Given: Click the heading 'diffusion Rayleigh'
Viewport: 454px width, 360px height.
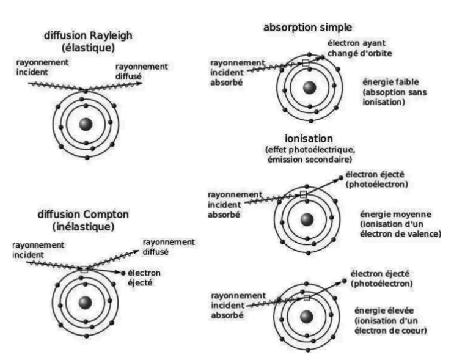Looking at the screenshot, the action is [x=88, y=35].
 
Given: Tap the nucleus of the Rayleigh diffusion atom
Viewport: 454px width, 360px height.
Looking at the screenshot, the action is [x=86, y=124].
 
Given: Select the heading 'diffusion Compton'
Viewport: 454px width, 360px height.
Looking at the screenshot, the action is [x=83, y=215].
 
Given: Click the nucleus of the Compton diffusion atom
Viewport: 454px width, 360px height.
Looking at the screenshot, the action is [x=86, y=303].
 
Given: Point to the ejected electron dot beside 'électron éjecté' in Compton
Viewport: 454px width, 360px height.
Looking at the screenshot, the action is [x=123, y=273].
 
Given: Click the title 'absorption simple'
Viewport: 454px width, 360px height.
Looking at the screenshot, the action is [x=307, y=28].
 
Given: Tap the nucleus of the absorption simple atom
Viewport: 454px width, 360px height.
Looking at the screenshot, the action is [x=309, y=88].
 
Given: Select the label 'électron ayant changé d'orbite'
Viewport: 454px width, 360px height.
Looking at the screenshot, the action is [x=360, y=48].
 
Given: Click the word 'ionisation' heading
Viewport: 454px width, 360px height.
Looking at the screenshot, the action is [x=309, y=139].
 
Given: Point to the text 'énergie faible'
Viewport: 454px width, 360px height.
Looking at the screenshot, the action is [x=390, y=82].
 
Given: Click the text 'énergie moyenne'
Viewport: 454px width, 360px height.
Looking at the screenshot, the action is [x=395, y=215].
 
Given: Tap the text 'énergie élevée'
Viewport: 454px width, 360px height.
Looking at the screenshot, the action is [x=384, y=310].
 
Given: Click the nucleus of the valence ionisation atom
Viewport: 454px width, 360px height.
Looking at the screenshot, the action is [x=307, y=220].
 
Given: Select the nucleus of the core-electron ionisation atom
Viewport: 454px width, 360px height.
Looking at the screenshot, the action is [x=307, y=317].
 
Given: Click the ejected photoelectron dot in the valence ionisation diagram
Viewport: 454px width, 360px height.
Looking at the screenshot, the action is [x=340, y=177].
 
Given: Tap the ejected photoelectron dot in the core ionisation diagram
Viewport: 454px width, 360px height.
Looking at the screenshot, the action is [x=344, y=281].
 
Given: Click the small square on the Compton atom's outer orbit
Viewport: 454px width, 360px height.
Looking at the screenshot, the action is [x=84, y=270].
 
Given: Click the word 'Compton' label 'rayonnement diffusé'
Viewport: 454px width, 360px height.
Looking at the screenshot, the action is [x=169, y=247].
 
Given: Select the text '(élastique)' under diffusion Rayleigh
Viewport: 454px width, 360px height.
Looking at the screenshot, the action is [x=88, y=48].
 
